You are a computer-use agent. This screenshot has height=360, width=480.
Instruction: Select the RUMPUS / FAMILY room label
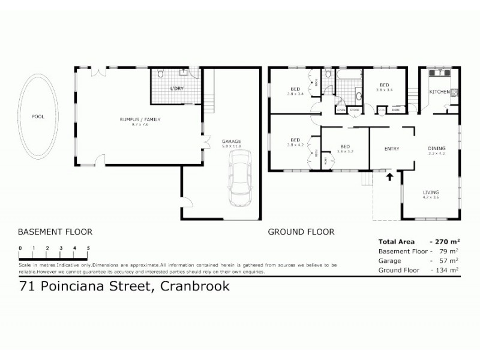pos(139,119)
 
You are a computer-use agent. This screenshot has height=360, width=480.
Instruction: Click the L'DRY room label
pos(176,89)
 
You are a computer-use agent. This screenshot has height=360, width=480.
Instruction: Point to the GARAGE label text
pos(231,142)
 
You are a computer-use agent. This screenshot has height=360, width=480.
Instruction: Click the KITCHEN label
pos(439,92)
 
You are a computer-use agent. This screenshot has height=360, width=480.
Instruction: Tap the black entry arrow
pos(389,176)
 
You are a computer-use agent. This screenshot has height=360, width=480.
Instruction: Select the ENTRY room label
pos(392,149)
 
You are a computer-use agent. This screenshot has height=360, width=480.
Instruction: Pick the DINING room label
pos(436,149)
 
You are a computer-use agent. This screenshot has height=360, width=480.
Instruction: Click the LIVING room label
pos(431,192)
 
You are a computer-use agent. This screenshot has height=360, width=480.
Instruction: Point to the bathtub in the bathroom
pos(349,76)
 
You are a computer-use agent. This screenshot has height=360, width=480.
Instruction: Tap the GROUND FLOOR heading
pos(301,232)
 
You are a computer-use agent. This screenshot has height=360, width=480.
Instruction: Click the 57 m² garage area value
pos(449,260)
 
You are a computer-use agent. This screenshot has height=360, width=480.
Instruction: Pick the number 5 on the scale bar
pos(88,248)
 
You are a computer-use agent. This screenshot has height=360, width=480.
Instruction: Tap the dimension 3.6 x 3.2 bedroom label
pos(345,152)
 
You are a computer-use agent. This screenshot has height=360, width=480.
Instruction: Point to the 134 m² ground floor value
pos(448,270)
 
